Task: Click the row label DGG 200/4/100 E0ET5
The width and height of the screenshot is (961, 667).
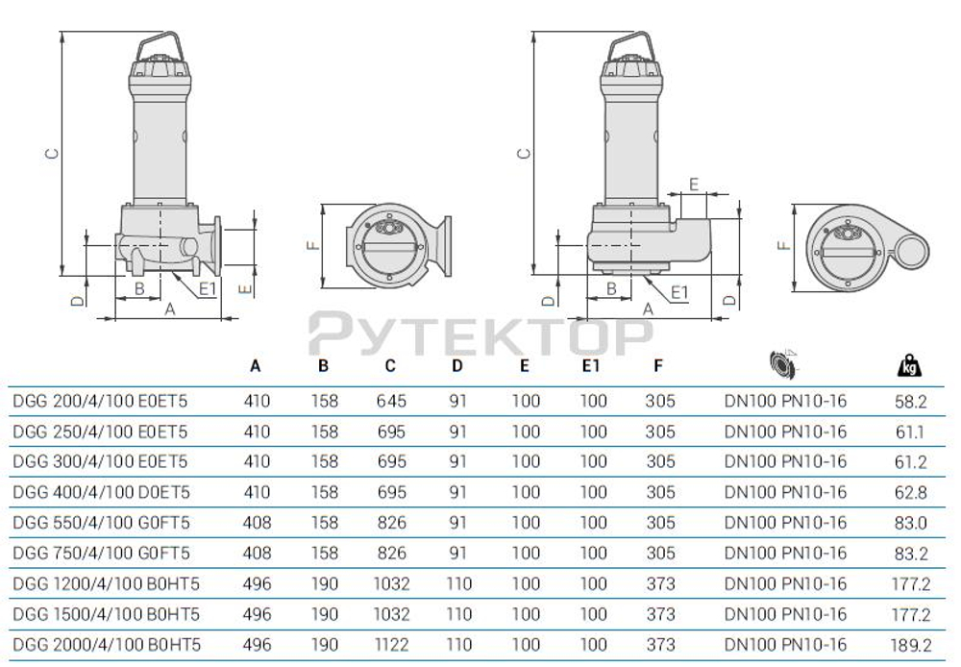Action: tap(99, 402)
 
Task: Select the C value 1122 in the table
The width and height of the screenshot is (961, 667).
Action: tap(390, 644)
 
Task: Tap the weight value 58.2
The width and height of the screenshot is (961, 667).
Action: tap(910, 402)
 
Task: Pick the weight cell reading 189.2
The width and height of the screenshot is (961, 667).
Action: tap(910, 644)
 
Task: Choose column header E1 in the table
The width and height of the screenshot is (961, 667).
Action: tap(593, 366)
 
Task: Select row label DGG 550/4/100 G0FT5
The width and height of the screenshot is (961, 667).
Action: tap(100, 523)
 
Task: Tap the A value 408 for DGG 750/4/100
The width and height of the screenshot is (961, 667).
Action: tap(258, 553)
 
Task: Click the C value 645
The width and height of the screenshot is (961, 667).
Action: tap(390, 402)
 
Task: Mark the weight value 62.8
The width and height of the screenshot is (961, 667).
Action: tap(910, 492)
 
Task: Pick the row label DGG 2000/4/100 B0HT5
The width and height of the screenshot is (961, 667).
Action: tap(106, 644)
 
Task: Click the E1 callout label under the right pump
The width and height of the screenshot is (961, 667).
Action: tap(678, 291)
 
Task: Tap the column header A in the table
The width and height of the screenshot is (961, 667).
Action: tap(256, 366)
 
